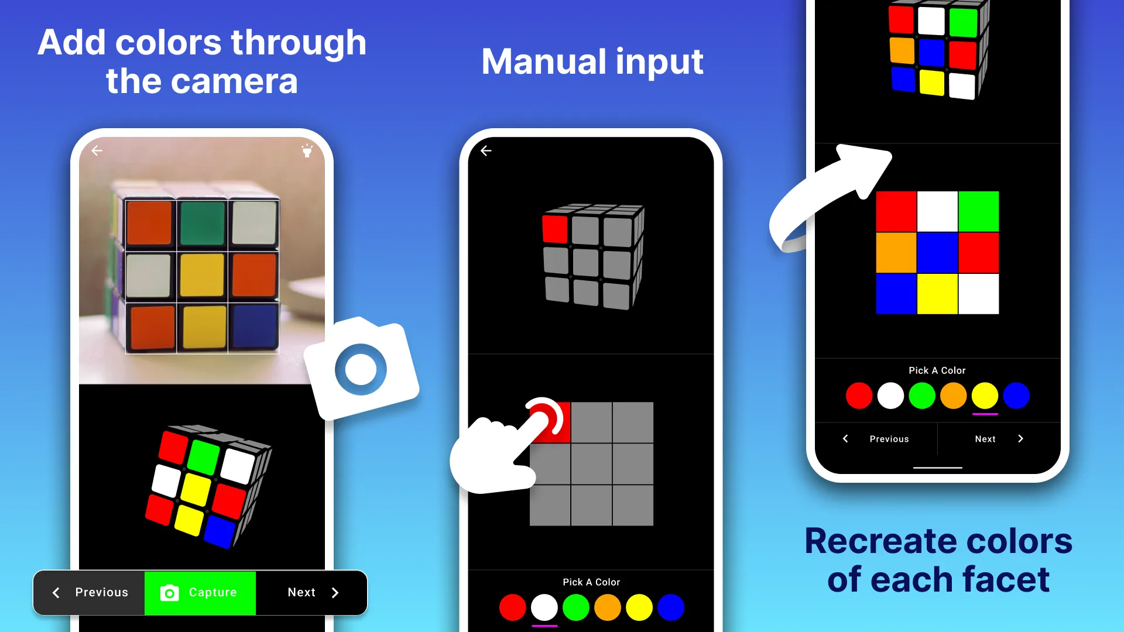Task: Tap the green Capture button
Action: tap(200, 593)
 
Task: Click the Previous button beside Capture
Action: tap(90, 593)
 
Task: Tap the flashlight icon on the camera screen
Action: tap(307, 150)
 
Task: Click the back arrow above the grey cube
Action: tap(486, 151)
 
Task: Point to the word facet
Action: tap(1005, 580)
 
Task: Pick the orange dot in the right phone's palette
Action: tap(953, 396)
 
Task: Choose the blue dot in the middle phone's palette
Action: tap(671, 607)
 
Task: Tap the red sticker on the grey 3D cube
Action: tap(555, 229)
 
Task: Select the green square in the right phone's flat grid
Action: tap(978, 211)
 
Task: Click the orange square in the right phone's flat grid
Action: tap(896, 253)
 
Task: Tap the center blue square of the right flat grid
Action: tap(937, 253)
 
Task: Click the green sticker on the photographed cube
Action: tap(203, 223)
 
